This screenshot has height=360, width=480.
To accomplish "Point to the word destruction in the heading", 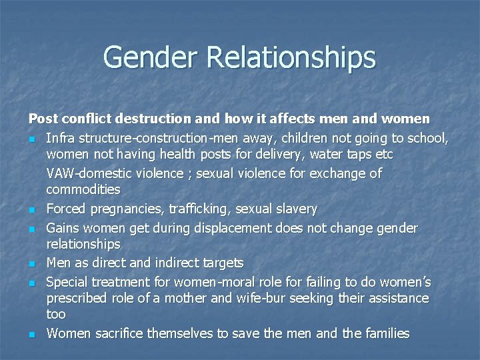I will pos(160,119).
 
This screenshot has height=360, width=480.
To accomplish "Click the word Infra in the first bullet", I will pos(59,138).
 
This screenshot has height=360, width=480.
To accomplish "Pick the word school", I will pos(427,138).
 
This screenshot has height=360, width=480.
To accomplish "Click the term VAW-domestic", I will pos(87,173).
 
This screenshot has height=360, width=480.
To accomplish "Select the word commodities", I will pos(83,190).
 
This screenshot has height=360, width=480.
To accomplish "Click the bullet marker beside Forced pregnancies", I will pos(31,210).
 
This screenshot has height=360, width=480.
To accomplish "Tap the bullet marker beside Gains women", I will pos(31,229).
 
